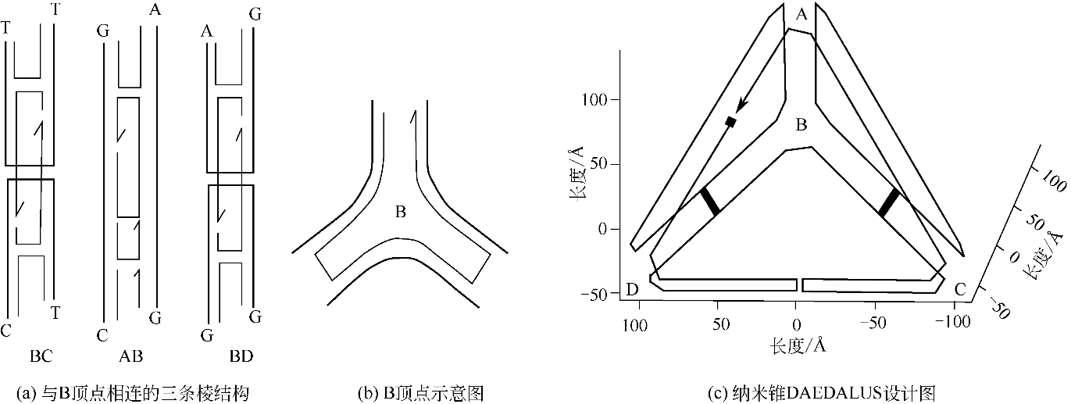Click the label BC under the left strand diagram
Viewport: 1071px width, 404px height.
[41, 356]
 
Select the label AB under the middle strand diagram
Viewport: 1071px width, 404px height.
[130, 356]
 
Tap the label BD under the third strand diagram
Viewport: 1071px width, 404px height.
[241, 356]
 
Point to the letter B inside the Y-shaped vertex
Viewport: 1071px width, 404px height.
[401, 212]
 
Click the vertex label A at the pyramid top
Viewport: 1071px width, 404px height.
[801, 15]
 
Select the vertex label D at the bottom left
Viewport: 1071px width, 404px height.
[632, 289]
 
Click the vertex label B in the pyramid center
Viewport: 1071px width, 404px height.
[801, 125]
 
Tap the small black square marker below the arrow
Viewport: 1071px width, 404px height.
[730, 122]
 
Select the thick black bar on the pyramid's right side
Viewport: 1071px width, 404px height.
[889, 202]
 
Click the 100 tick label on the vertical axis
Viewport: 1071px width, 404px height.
[594, 100]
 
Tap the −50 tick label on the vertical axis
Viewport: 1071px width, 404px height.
[594, 295]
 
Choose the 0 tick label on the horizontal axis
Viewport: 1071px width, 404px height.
[796, 324]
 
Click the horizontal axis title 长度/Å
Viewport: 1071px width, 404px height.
[798, 345]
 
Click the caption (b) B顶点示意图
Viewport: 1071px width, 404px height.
[421, 394]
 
